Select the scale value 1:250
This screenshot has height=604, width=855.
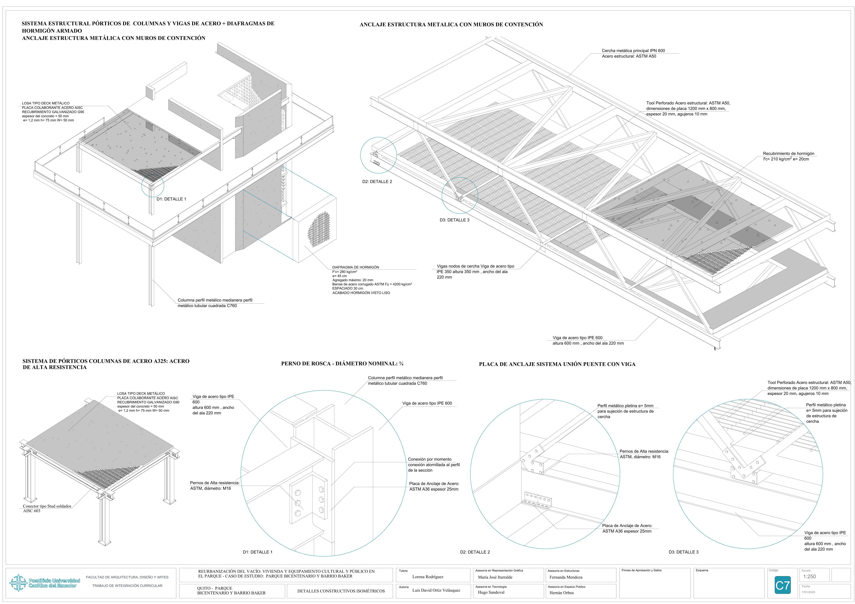point(810,576)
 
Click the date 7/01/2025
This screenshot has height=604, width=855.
point(808,592)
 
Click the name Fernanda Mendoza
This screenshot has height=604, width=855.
point(566,577)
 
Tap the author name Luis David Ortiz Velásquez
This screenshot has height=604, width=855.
point(436,590)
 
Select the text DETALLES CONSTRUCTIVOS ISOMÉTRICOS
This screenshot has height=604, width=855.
point(341,591)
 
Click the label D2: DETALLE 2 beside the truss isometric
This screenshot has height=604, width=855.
point(377,182)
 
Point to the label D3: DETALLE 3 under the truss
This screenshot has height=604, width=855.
point(454,220)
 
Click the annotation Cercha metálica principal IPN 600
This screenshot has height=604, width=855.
point(633,51)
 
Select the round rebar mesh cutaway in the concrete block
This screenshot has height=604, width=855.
point(319,229)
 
